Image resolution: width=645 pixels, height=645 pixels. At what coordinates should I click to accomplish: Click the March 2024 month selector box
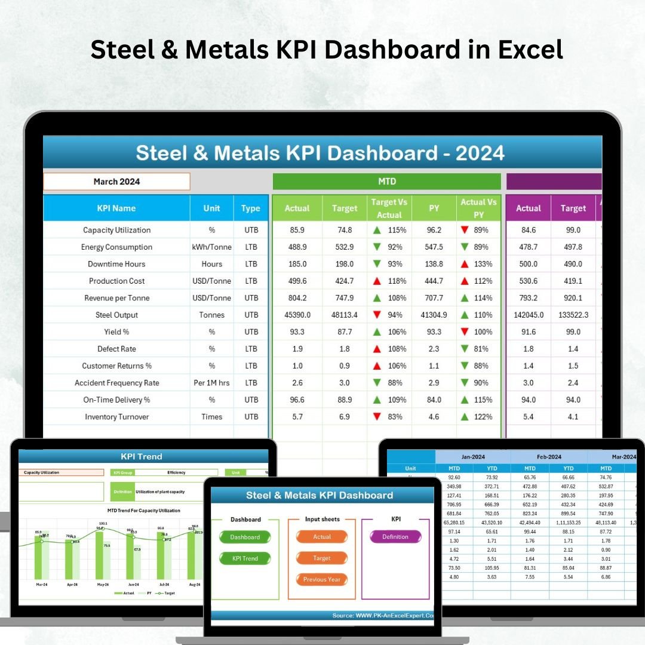(116, 182)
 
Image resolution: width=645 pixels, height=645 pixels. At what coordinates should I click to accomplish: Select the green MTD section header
(386, 182)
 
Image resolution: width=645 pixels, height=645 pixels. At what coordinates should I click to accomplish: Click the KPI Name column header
(116, 208)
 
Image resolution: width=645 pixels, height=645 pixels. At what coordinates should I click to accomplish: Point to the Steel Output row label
(116, 315)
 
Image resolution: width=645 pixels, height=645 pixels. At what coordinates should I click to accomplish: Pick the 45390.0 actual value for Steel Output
(297, 315)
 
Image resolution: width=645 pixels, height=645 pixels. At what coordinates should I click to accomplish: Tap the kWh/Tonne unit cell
(211, 247)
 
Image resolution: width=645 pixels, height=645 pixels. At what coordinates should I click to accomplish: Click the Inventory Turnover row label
(116, 417)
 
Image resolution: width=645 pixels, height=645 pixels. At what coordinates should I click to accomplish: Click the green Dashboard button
(245, 537)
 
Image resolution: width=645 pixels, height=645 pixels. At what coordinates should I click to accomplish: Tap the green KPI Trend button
(245, 558)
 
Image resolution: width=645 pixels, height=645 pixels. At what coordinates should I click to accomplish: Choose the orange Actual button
(322, 537)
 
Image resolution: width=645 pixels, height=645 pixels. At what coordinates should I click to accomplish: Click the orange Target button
(322, 558)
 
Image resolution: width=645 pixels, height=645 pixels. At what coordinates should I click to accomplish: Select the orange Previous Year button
(322, 579)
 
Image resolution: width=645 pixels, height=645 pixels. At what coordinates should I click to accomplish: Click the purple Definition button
(395, 537)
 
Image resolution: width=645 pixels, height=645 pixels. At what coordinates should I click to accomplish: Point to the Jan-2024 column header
(472, 457)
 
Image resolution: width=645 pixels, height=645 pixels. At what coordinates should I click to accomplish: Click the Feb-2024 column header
(549, 457)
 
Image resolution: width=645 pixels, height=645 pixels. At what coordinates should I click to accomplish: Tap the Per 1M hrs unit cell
(211, 383)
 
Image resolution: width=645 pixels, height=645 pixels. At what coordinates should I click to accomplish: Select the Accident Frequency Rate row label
(116, 383)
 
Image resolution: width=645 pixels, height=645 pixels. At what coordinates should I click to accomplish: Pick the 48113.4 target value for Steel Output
(345, 315)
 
